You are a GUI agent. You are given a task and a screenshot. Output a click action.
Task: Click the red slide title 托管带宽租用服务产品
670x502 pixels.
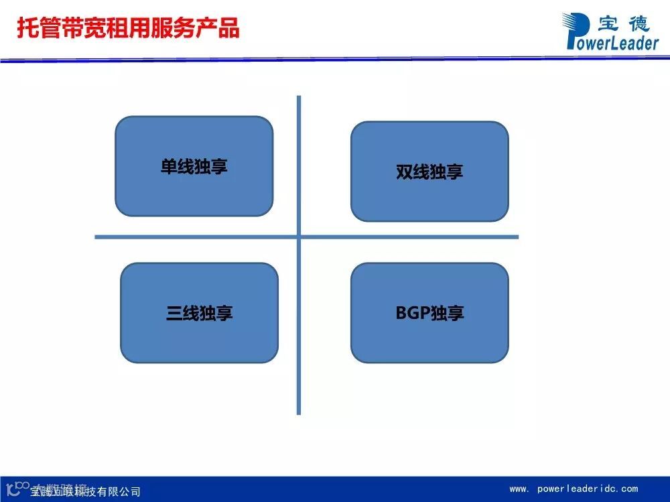[x=127, y=28]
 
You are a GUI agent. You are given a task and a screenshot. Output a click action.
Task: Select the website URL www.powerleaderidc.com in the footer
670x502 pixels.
[x=574, y=489]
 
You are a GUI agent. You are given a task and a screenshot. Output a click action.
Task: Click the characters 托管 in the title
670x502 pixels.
[x=38, y=28]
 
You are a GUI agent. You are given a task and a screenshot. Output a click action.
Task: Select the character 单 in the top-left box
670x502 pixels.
[x=169, y=166]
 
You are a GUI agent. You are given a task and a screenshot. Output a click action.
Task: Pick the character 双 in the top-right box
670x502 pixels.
[x=404, y=172]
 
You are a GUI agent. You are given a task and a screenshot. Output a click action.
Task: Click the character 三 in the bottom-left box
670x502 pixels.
[x=174, y=313]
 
